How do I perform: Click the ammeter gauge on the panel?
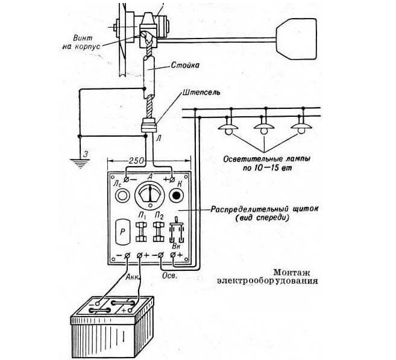click(x=149, y=197)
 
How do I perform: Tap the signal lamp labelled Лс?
click(x=122, y=197)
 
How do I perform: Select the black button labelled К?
click(x=176, y=197)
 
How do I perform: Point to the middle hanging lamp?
click(x=264, y=128)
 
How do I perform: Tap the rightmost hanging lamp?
click(x=299, y=128)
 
